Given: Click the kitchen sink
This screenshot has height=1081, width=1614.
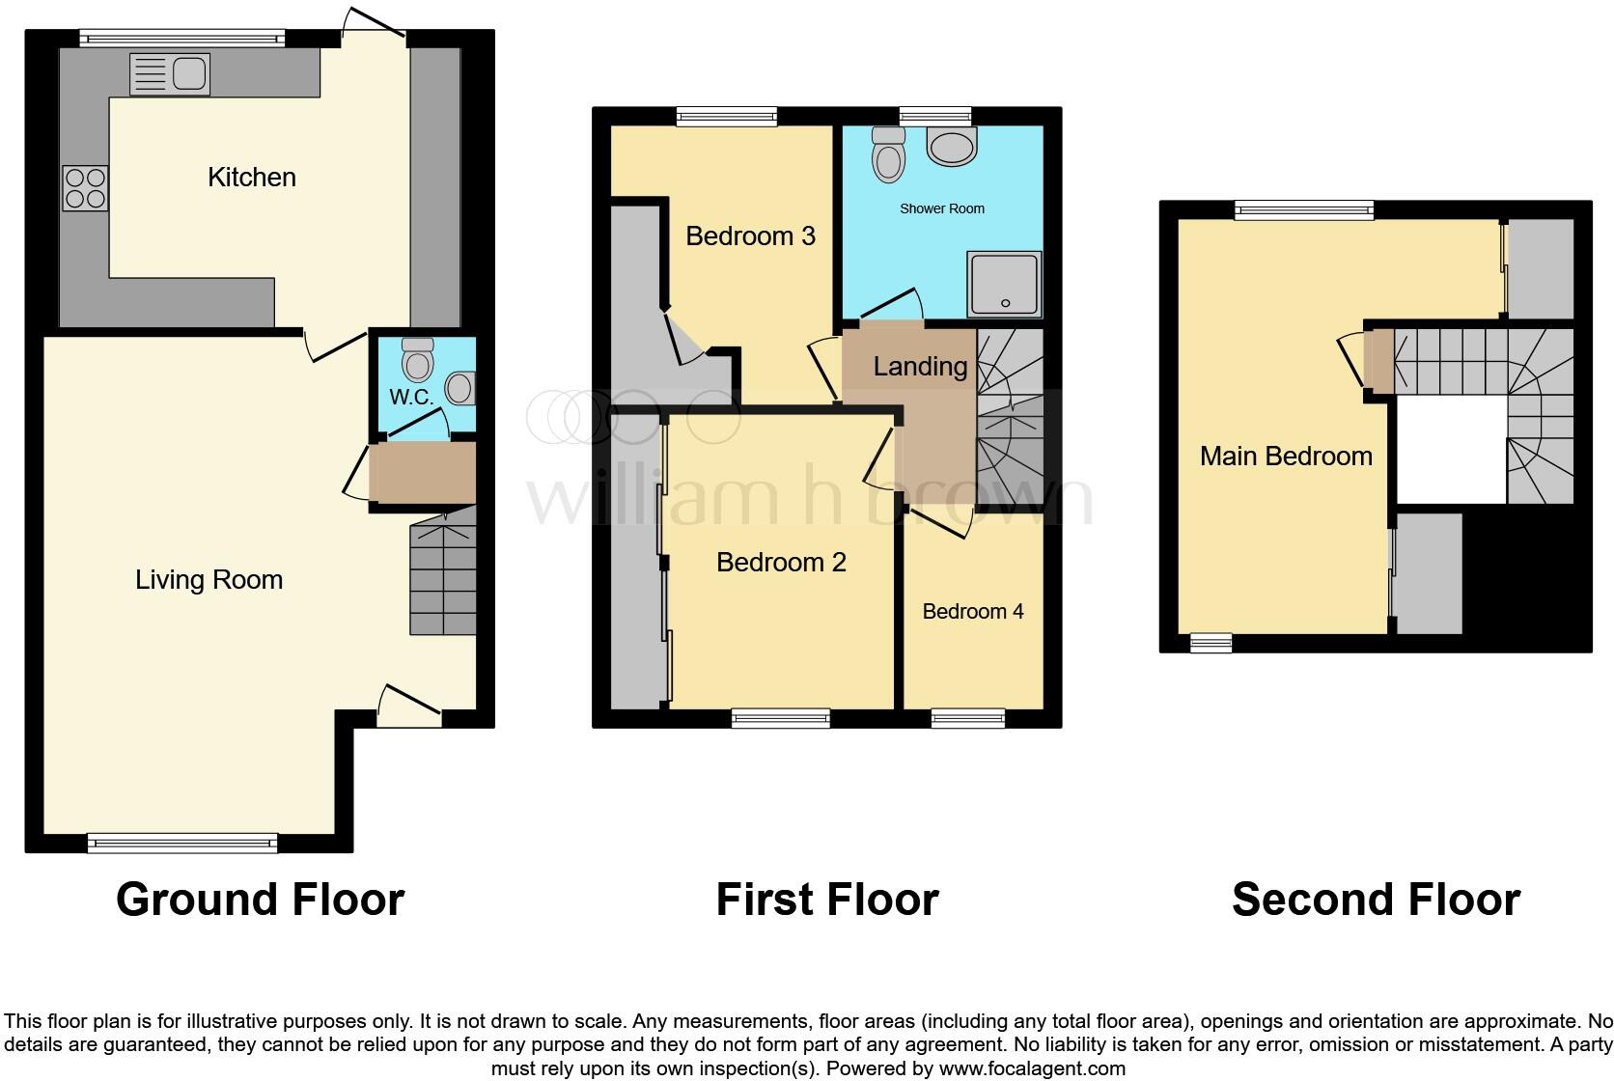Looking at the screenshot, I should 169,74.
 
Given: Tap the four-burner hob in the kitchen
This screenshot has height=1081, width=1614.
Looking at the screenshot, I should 85,188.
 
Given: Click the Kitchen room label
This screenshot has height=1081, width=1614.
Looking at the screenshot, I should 252,177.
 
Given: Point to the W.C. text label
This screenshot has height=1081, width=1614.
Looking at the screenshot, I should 411,397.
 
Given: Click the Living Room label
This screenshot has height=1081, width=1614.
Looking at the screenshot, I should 209,579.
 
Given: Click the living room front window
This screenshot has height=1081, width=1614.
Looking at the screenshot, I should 182,844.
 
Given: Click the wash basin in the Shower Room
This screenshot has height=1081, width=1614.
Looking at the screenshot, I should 951,146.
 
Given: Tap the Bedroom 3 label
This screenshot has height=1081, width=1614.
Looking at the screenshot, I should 750,236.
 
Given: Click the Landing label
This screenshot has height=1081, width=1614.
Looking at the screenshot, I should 920,366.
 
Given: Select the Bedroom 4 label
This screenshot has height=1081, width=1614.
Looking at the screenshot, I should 972,611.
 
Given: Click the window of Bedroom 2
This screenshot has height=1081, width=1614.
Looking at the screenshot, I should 780,717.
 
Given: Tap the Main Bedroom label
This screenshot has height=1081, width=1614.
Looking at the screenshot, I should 1286,456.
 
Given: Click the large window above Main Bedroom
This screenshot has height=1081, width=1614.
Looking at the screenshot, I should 1303,209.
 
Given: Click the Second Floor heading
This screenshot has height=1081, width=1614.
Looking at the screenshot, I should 1376,900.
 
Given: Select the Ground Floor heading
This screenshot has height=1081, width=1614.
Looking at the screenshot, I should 260,900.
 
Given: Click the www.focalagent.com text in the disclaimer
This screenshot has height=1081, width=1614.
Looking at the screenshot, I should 1032,1068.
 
